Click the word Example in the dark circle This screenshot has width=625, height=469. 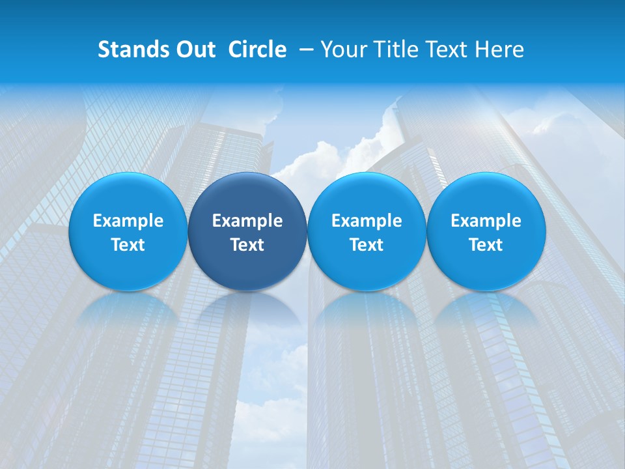point(247,221)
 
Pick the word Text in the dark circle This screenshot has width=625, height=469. point(247,245)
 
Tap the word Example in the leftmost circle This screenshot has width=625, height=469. point(128,221)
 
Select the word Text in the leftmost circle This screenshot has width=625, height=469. point(128,245)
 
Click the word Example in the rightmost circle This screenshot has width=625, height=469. point(486,221)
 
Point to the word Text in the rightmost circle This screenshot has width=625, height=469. point(486,245)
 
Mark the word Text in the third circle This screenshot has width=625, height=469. point(367,245)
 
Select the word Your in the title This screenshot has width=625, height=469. point(342,50)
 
